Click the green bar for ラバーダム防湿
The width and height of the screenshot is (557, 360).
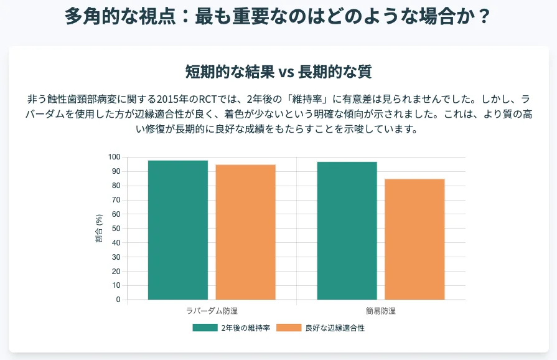(x=178, y=230)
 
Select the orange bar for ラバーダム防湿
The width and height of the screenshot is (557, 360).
(x=245, y=232)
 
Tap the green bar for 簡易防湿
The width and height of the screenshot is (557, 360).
(x=347, y=230)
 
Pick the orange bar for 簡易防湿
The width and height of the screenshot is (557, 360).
(x=414, y=239)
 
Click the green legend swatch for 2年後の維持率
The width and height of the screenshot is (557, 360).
(x=205, y=328)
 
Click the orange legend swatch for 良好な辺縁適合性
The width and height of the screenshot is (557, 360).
(x=288, y=328)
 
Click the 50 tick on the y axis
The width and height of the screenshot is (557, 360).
(x=115, y=229)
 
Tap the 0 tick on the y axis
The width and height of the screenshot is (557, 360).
(x=117, y=300)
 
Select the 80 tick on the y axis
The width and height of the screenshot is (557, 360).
(x=115, y=186)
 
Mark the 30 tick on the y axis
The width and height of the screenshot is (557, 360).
(x=115, y=257)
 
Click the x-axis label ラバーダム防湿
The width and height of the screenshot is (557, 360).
(x=212, y=311)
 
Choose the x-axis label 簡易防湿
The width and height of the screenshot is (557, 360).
(x=380, y=311)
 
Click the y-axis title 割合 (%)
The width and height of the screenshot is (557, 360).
(x=99, y=228)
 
